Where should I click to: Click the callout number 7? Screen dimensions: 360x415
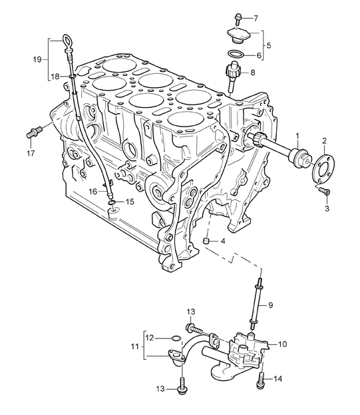pyautogui.click(x=256, y=18)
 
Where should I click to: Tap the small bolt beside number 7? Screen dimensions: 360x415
pyautogui.click(x=238, y=17)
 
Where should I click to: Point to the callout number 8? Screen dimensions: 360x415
pyautogui.click(x=252, y=72)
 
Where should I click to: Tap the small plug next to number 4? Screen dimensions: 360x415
pyautogui.click(x=207, y=241)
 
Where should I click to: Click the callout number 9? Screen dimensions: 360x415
pyautogui.click(x=270, y=305)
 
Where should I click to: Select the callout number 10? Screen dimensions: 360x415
pyautogui.click(x=282, y=344)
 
